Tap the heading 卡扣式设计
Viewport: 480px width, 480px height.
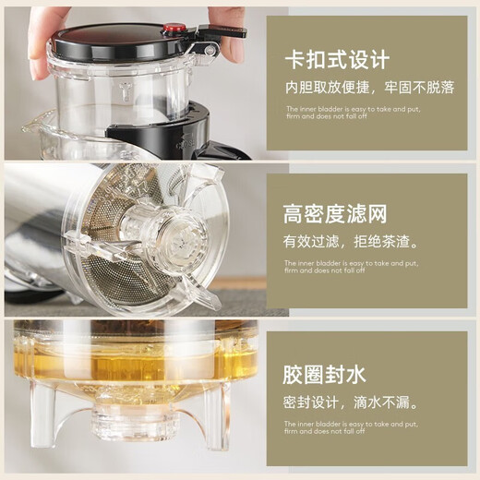(x=336, y=61)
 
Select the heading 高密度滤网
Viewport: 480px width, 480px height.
(x=335, y=215)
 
